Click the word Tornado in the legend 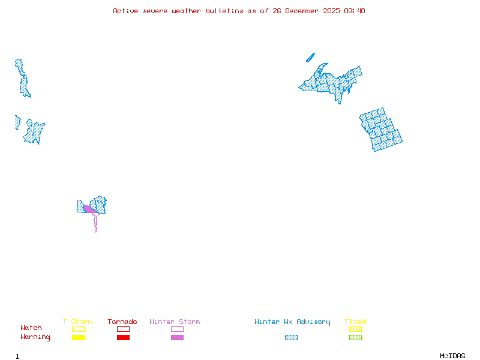click(x=122, y=322)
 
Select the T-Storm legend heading click(x=77, y=322)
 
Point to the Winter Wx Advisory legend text click(x=292, y=322)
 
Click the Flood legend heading click(x=355, y=322)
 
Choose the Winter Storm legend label click(x=175, y=322)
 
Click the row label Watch click(x=31, y=328)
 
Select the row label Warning click(x=35, y=337)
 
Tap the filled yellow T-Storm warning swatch click(x=78, y=338)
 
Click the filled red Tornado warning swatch click(x=123, y=338)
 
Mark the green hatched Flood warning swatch click(x=355, y=338)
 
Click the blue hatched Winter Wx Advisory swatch click(x=291, y=338)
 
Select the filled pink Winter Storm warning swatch click(x=177, y=338)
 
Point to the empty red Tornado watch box click(x=123, y=329)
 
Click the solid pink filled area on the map click(x=89, y=209)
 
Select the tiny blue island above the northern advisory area click(x=310, y=58)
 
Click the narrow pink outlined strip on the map click(x=95, y=223)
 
